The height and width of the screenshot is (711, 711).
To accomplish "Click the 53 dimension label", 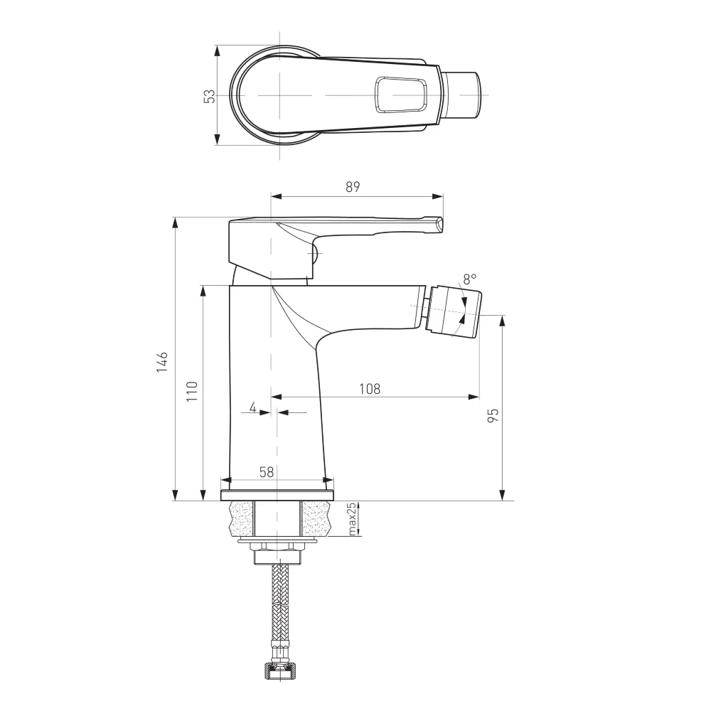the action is click(x=210, y=96).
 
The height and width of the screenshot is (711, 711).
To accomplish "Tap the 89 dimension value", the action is click(x=353, y=187).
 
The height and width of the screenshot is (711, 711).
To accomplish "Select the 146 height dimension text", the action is click(x=162, y=362).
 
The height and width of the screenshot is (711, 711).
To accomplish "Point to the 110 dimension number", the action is click(x=192, y=391).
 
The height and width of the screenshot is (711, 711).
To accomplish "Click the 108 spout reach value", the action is click(x=370, y=389).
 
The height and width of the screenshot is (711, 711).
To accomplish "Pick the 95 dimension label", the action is click(x=493, y=415).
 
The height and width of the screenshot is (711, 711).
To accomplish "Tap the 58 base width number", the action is click(x=267, y=472).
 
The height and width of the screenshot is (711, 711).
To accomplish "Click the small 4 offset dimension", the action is click(x=252, y=407).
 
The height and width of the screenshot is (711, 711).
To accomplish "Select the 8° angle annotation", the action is click(x=469, y=279).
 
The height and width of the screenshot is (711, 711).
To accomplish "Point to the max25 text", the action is click(x=353, y=519).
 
